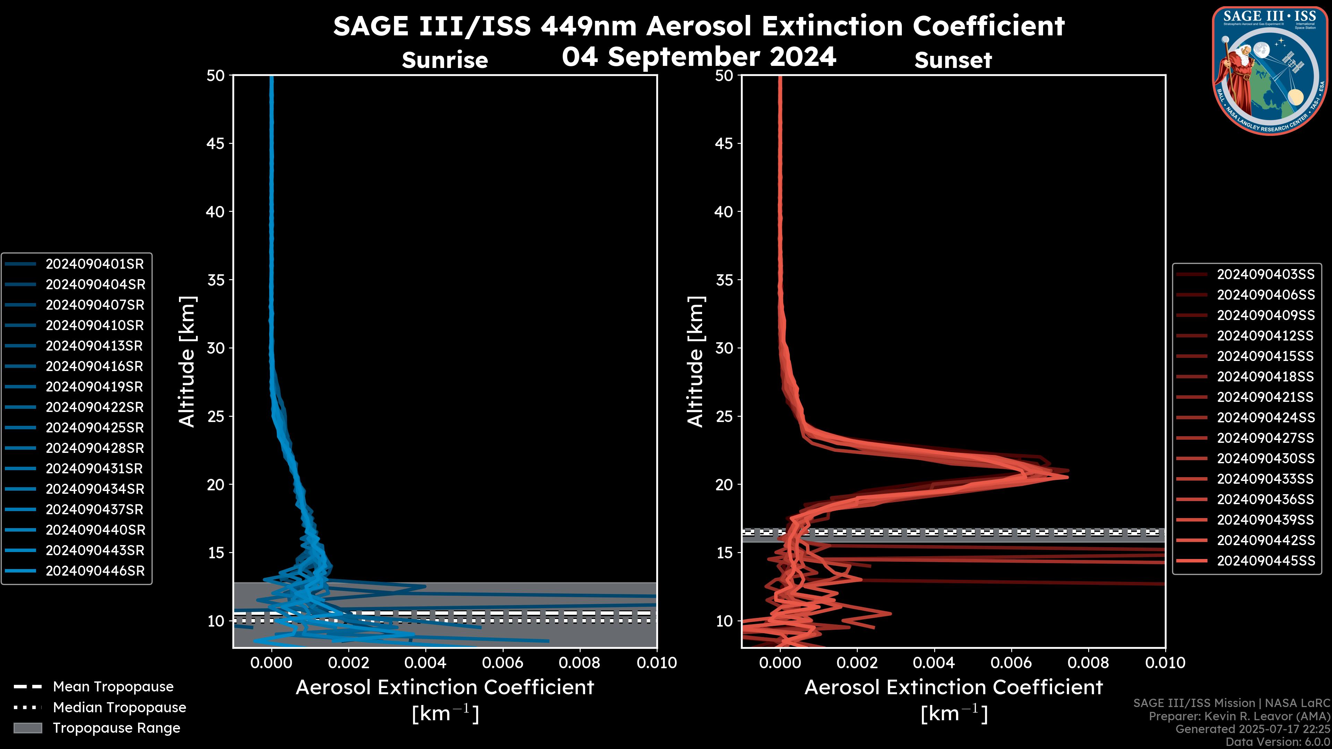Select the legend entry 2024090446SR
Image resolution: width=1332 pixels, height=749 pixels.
click(x=95, y=571)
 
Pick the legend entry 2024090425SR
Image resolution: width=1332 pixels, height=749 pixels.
click(x=95, y=428)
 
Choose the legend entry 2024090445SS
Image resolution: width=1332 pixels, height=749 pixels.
click(x=1265, y=561)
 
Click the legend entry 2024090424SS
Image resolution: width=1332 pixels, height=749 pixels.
click(x=1265, y=417)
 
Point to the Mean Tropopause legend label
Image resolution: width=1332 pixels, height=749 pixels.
click(x=113, y=687)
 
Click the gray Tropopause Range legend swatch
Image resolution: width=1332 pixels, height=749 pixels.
click(x=27, y=728)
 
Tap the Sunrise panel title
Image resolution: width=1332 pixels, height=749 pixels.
click(x=445, y=60)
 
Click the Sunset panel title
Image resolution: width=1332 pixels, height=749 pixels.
click(x=953, y=60)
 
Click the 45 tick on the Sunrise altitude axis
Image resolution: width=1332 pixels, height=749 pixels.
click(x=216, y=144)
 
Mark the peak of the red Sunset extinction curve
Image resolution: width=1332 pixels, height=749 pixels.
click(x=1067, y=476)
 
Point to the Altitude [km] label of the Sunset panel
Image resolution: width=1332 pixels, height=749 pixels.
click(x=695, y=362)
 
